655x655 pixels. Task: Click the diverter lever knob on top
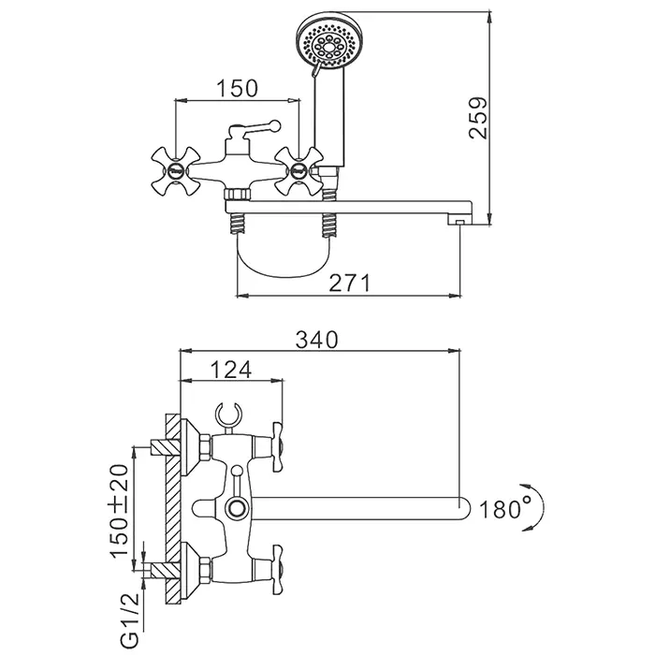[274, 123]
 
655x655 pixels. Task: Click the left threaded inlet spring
[238, 225]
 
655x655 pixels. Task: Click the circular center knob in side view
[234, 509]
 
